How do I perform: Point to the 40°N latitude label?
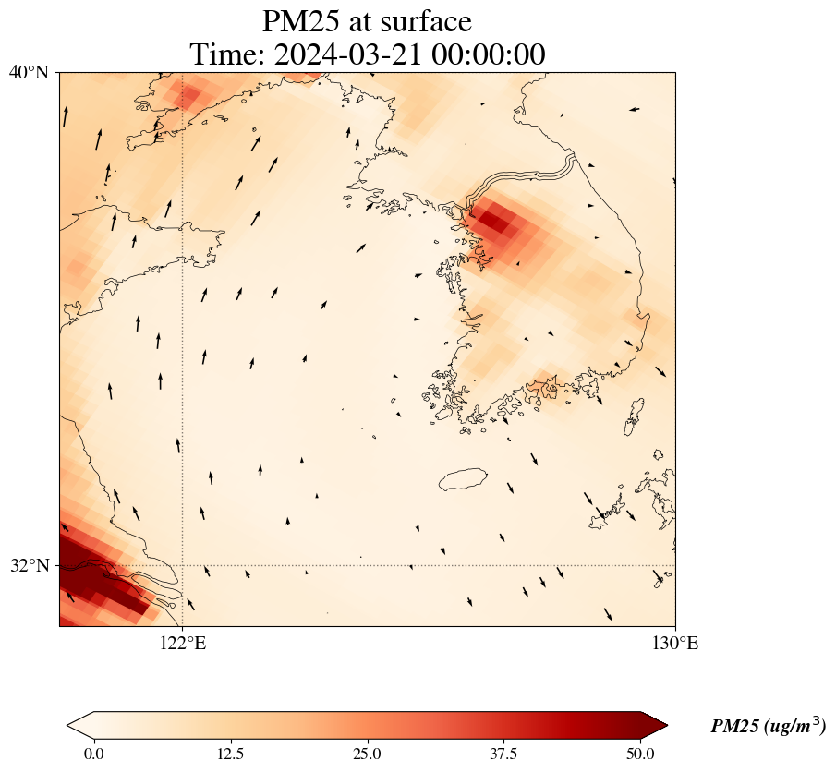pyautogui.click(x=30, y=72)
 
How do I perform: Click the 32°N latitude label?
pyautogui.click(x=30, y=565)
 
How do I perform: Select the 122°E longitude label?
pyautogui.click(x=183, y=643)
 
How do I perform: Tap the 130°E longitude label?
pyautogui.click(x=674, y=643)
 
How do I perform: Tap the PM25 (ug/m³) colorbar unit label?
pyautogui.click(x=768, y=727)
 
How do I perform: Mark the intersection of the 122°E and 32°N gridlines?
pyautogui.click(x=183, y=565)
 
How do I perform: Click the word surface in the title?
pyautogui.click(x=424, y=21)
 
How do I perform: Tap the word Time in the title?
pyautogui.click(x=227, y=54)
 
